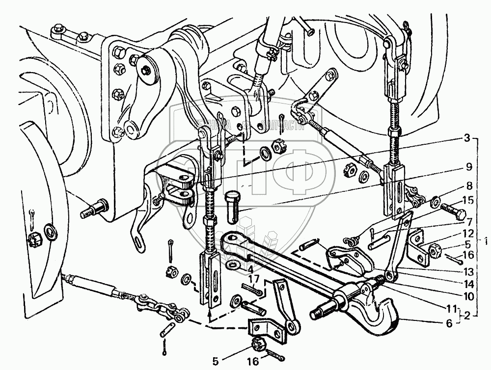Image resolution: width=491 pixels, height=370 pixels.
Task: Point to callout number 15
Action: (x=467, y=200)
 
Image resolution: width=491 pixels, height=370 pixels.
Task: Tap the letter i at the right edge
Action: (x=485, y=241)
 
